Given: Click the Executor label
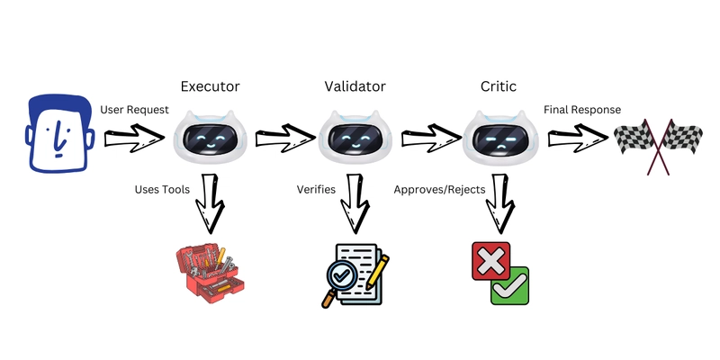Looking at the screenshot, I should point(210,87).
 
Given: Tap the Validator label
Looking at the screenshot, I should point(355,87).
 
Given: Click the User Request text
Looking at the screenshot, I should point(135,110).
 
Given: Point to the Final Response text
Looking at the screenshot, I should point(581,110).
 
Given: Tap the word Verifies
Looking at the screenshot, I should point(316,190).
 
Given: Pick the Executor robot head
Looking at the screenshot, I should point(210,140).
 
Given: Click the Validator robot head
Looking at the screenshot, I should point(355,140).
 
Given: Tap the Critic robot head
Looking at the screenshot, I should point(499,140).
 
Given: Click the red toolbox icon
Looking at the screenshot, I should point(209,269).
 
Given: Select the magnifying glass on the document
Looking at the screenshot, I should point(338,275).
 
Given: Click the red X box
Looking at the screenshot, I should point(490,261).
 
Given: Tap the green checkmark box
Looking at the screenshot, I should point(509,285).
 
